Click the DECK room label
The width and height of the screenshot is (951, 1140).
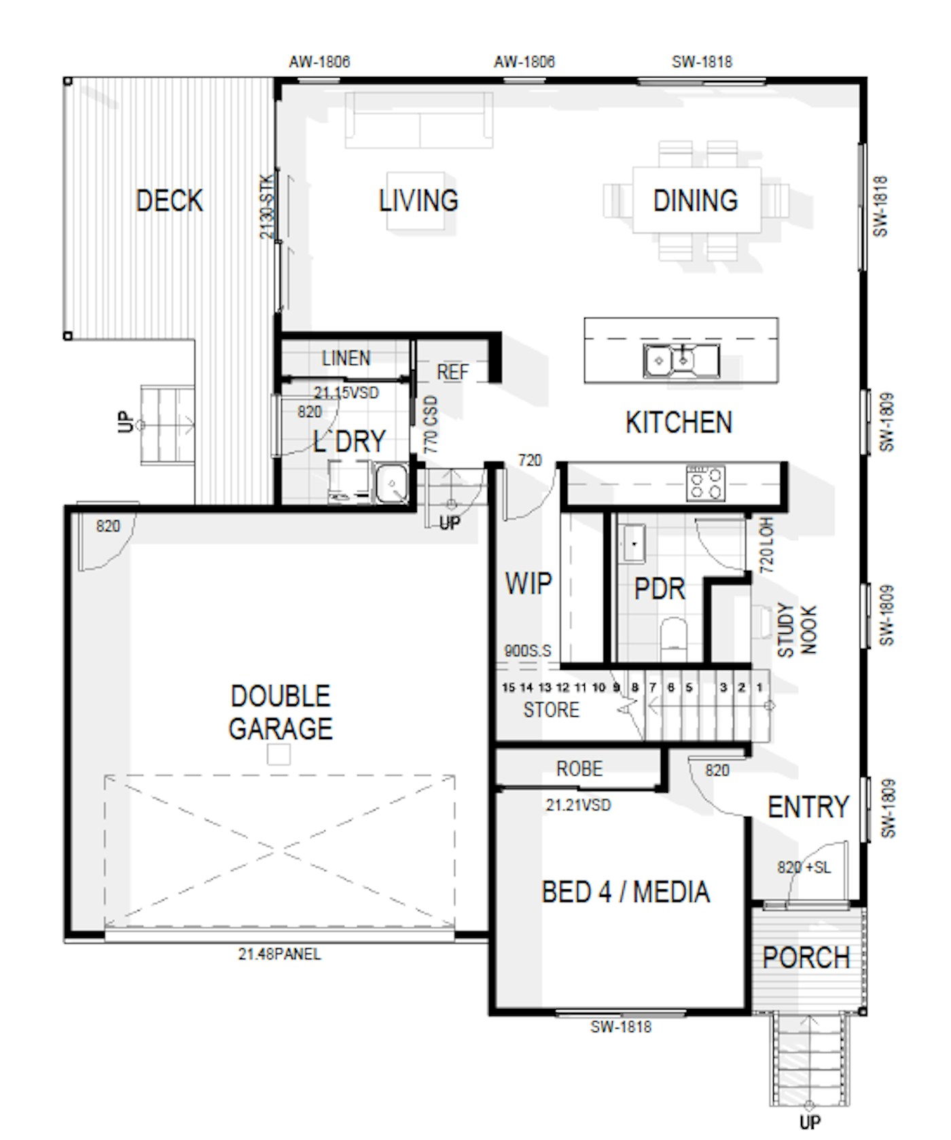pyautogui.click(x=169, y=200)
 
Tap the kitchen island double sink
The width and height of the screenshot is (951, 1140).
pyautogui.click(x=681, y=360)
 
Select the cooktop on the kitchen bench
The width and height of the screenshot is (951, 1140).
pyautogui.click(x=706, y=482)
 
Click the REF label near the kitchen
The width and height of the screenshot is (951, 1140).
pyautogui.click(x=452, y=372)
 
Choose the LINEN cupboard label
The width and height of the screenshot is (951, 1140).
pyautogui.click(x=346, y=358)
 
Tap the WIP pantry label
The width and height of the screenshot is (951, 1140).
pyautogui.click(x=528, y=584)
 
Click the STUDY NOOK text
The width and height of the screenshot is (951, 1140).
pyautogui.click(x=797, y=630)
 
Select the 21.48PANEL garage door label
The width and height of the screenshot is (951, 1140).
pyautogui.click(x=279, y=954)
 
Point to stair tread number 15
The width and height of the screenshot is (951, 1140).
pyautogui.click(x=508, y=688)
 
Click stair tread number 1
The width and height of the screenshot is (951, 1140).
pyautogui.click(x=759, y=688)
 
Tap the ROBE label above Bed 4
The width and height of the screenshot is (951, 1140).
pyautogui.click(x=579, y=769)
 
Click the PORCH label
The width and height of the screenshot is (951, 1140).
pyautogui.click(x=806, y=958)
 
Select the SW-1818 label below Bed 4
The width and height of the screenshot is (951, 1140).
pyautogui.click(x=621, y=1027)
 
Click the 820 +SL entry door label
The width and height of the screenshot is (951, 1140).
pyautogui.click(x=804, y=868)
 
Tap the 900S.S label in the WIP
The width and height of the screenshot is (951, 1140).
pyautogui.click(x=528, y=651)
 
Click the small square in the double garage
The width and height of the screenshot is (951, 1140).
pyautogui.click(x=279, y=755)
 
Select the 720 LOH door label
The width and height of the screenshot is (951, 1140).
pyautogui.click(x=767, y=545)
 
